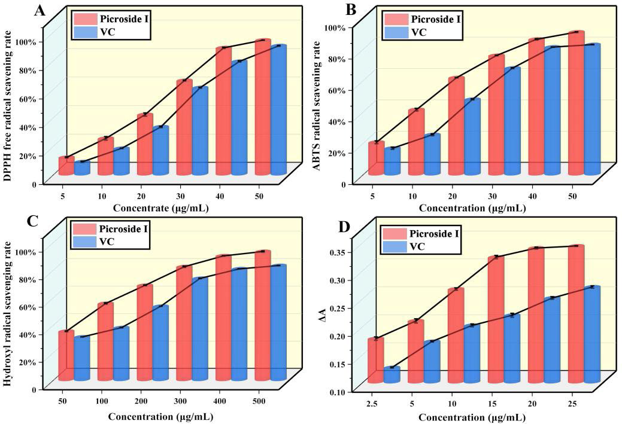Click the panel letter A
[39, 10]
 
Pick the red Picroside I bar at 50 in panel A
[262, 108]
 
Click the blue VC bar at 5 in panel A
[82, 168]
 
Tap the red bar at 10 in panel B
[416, 142]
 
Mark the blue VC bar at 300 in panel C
[200, 329]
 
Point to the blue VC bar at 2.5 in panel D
[392, 375]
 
